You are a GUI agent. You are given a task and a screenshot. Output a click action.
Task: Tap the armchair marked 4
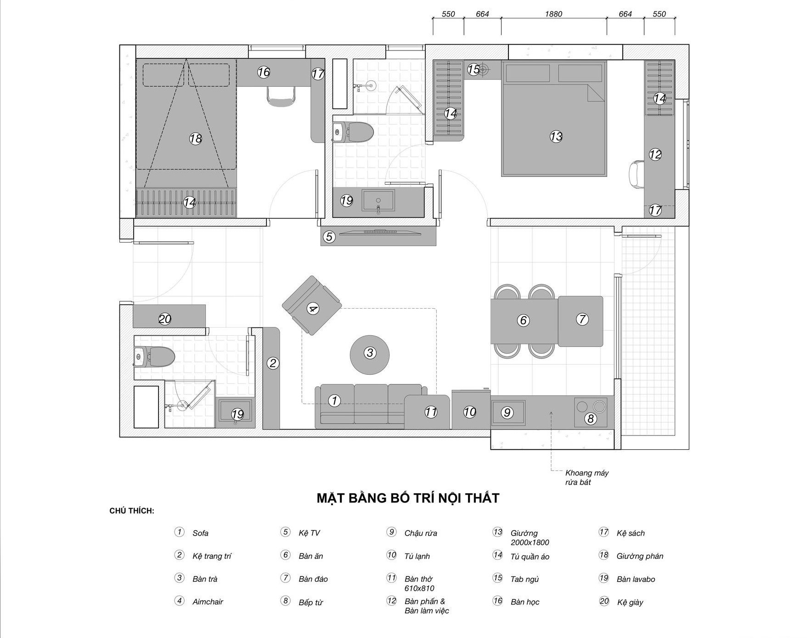tap(312, 305)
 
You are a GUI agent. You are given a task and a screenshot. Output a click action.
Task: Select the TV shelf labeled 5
tap(378, 236)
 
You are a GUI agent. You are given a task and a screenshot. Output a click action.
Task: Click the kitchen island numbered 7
tap(581, 321)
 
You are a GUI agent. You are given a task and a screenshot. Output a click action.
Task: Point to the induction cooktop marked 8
tap(591, 412)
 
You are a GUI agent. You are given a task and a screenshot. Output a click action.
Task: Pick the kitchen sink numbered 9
tap(508, 412)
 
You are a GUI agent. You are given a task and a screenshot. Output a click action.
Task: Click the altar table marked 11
tap(427, 412)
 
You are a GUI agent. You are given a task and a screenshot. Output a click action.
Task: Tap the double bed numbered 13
tap(554, 119)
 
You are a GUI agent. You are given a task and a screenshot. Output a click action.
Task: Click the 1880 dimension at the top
tap(553, 14)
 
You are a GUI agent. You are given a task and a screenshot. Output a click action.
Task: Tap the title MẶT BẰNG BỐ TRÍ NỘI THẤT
tap(408, 498)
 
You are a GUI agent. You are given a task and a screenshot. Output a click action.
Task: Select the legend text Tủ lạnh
tap(417, 556)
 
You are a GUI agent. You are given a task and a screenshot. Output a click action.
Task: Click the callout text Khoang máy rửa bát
tap(587, 477)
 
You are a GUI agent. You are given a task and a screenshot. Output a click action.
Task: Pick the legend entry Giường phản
tap(640, 556)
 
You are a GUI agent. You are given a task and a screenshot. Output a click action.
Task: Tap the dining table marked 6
tap(524, 321)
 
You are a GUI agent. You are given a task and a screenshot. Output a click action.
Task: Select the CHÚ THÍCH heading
tap(132, 511)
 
